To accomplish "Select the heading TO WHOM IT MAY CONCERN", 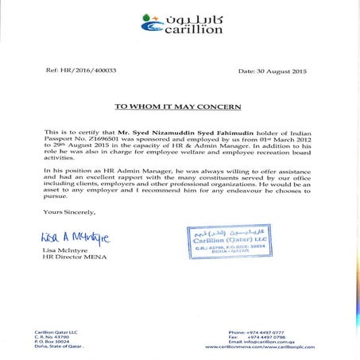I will tap(180, 105).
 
